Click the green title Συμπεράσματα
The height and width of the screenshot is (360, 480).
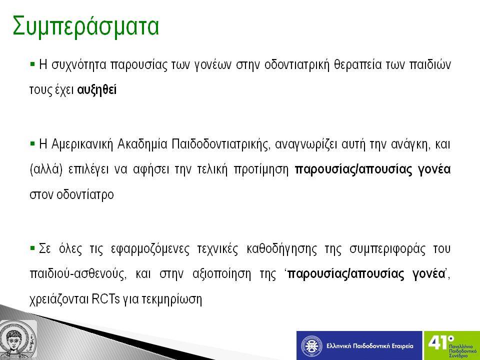click(85, 26)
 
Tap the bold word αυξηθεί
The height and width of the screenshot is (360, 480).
click(96, 90)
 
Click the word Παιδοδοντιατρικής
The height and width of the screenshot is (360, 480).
click(221, 144)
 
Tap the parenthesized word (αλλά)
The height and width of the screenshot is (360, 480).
click(46, 169)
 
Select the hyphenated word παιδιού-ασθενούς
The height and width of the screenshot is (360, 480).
click(78, 274)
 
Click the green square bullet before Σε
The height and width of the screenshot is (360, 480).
click(32, 247)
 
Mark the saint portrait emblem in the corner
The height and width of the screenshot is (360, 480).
click(18, 340)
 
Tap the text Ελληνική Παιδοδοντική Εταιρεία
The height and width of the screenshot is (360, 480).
click(370, 346)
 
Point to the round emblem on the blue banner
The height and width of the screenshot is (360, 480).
click(311, 346)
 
